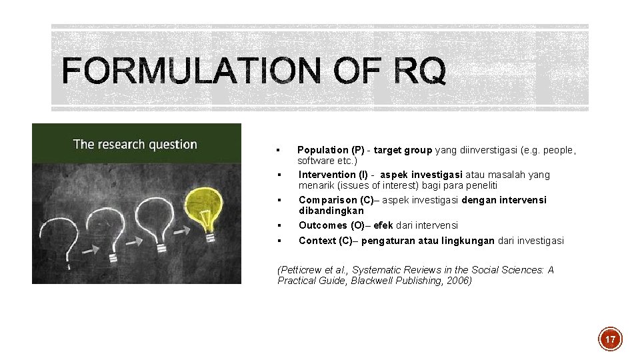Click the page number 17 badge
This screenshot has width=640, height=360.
click(x=609, y=339)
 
